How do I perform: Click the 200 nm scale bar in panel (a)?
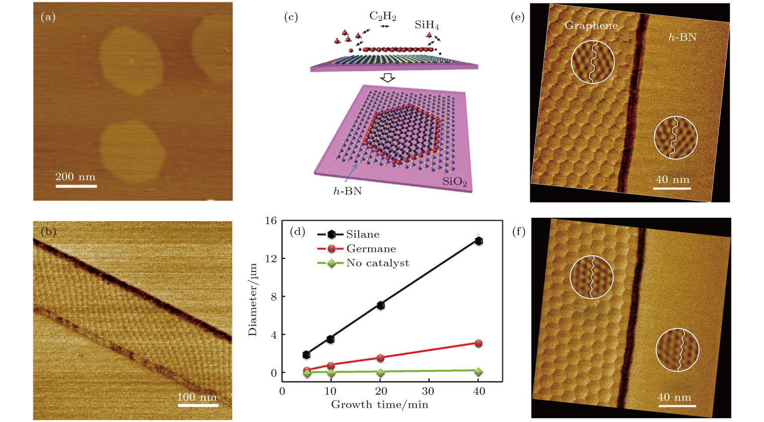pos(76,186)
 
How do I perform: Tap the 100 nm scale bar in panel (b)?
pos(198,406)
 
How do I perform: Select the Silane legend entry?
pos(348,234)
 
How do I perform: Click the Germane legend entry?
pos(356,249)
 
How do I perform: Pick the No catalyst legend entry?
pos(363,263)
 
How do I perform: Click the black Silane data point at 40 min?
pos(479,241)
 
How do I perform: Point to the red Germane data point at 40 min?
pos(478,343)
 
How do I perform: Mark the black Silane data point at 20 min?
pos(381,305)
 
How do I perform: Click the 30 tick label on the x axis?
pos(428,391)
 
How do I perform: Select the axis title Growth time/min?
pos(380,405)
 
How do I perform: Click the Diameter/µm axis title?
pos(253,300)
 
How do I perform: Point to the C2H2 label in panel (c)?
pos(382,16)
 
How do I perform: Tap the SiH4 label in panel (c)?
pos(427,24)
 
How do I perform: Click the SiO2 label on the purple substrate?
pos(455,182)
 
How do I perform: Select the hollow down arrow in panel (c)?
pos(387,78)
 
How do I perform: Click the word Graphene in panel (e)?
pos(591,25)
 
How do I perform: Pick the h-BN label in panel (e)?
pos(682,37)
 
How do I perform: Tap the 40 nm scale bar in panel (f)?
pos(677,406)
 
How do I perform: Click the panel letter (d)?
pos(297,232)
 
